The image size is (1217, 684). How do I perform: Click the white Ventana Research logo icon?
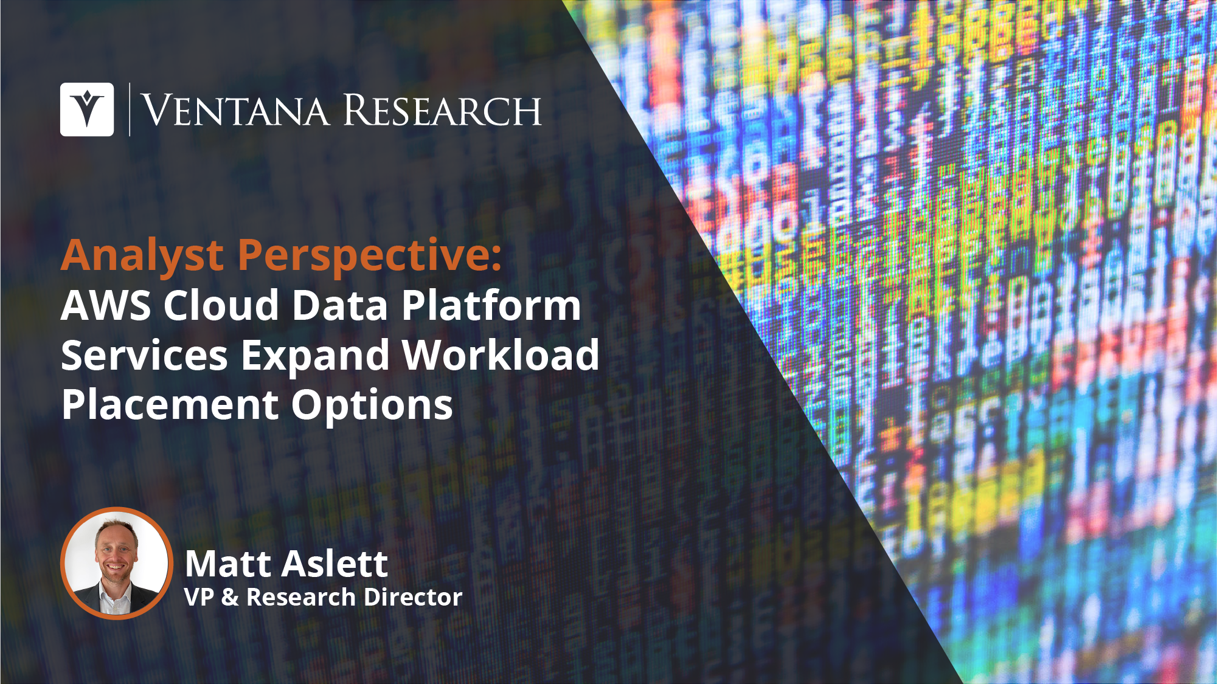coord(87,109)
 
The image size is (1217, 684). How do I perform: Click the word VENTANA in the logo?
coord(235,111)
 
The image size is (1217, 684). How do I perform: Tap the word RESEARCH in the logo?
coord(442,111)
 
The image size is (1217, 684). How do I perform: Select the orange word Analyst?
coord(142,256)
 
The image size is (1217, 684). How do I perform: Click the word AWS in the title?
coord(105,305)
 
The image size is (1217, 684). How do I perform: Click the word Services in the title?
coord(144,355)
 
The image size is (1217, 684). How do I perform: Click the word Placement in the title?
coord(169,405)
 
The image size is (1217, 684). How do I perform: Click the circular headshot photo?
coord(116,563)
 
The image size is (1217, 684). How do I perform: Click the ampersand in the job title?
coord(230,597)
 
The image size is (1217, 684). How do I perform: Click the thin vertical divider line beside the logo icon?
coord(130,109)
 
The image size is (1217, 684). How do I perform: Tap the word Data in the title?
coord(340,305)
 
